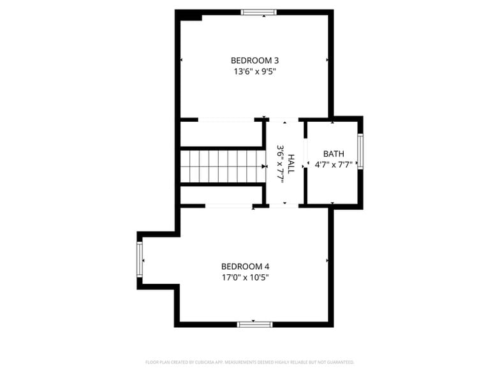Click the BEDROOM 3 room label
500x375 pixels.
tap(254, 61)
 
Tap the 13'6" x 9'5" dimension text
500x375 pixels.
tap(254, 71)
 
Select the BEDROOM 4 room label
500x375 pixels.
tap(245, 267)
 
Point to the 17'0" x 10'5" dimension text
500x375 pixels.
tap(245, 277)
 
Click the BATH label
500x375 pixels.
tap(333, 154)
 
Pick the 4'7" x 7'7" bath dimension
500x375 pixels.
tap(333, 165)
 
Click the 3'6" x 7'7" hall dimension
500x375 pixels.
tap(280, 164)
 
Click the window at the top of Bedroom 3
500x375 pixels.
tap(259, 11)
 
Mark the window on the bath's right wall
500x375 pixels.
tap(360, 152)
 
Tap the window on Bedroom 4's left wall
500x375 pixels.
tap(140, 260)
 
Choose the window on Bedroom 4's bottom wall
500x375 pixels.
tap(254, 325)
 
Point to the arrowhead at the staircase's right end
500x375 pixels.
tap(264, 166)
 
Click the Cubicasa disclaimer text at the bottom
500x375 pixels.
tap(249, 362)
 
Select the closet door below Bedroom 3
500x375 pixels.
tap(226, 119)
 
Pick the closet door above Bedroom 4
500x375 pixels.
tap(228, 206)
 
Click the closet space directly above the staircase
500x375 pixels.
tap(221, 134)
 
